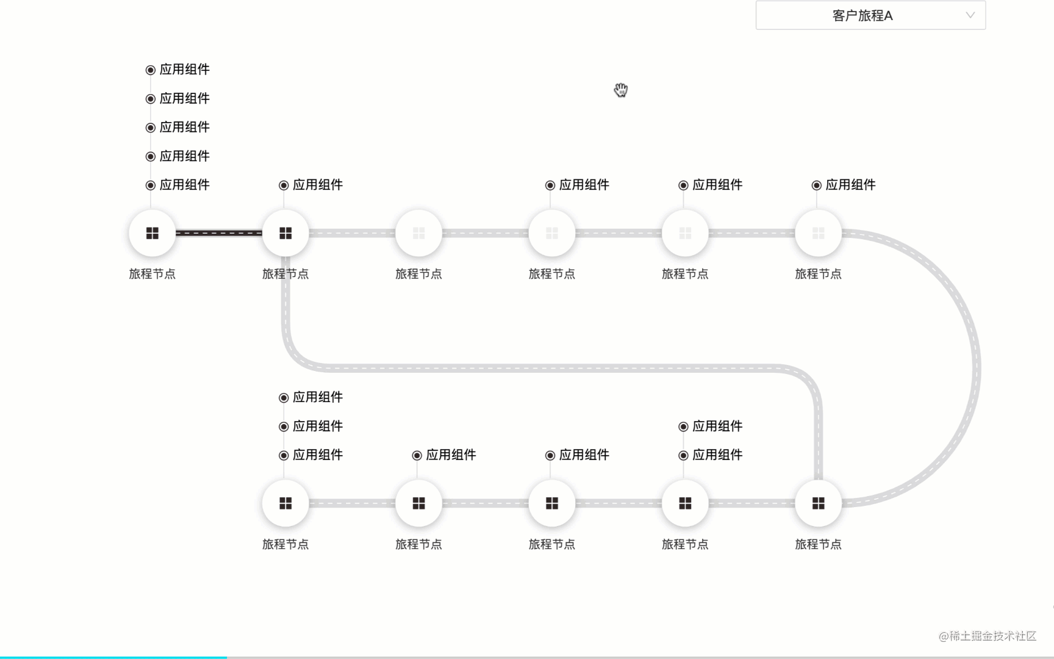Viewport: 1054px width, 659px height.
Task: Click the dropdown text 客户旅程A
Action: tap(862, 16)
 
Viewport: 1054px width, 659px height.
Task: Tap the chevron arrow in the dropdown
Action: tap(970, 15)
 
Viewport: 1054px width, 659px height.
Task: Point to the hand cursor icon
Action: tap(621, 90)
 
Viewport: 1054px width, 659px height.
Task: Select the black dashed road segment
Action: tap(218, 233)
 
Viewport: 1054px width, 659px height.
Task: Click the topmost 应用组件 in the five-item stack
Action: tap(184, 70)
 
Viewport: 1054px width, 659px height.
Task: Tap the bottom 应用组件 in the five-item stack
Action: tap(184, 185)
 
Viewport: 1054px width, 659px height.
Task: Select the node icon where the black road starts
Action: tap(152, 233)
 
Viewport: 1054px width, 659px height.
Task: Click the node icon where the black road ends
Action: tap(285, 233)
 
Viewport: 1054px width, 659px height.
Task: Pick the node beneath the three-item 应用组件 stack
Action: tap(285, 503)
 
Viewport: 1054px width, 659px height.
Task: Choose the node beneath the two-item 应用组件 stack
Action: tap(685, 503)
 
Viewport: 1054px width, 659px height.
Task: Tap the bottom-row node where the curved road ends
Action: tap(819, 503)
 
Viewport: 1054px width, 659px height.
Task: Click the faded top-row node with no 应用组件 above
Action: tap(419, 233)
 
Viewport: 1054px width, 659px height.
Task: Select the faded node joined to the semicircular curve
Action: tap(819, 233)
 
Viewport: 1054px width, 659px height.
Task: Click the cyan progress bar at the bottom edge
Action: tap(113, 657)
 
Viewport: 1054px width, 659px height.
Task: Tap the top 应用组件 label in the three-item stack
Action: tap(317, 397)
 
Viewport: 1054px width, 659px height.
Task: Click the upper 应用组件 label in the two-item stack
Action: tap(717, 426)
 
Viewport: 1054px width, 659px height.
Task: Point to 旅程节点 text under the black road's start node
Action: tap(152, 274)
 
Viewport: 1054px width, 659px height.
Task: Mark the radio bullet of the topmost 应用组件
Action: tap(151, 70)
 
